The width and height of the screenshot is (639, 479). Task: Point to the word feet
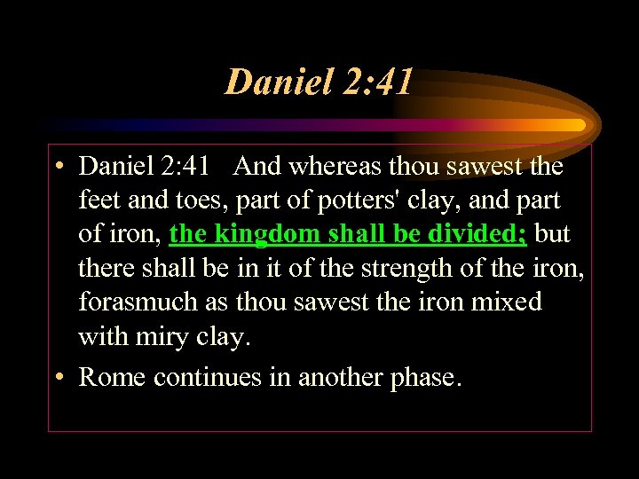[x=100, y=200]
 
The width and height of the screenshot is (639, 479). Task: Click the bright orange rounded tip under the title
[x=578, y=125]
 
